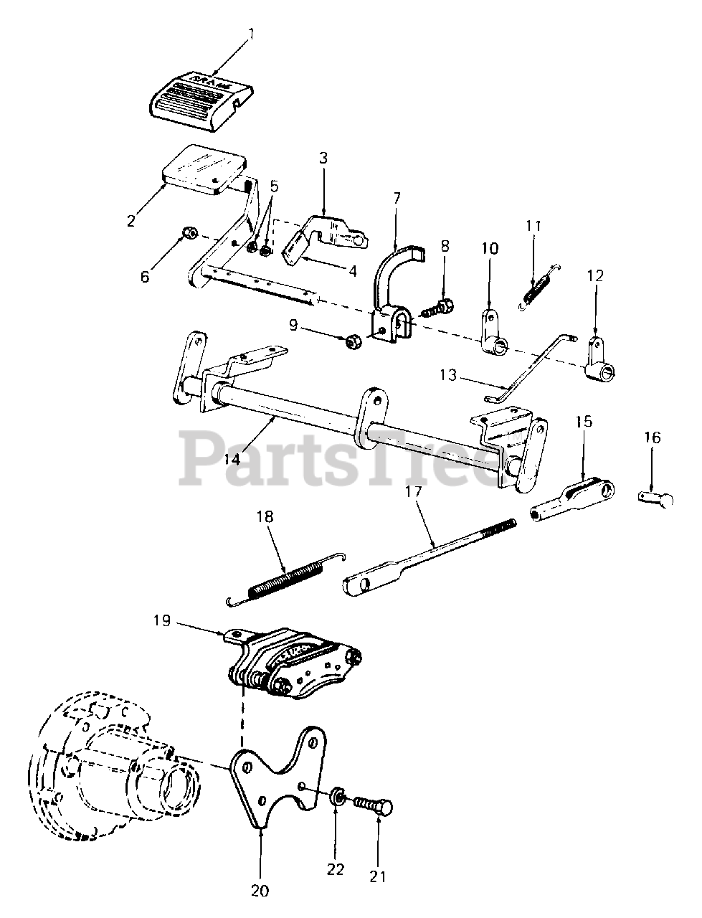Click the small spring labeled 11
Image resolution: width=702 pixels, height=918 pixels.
click(x=539, y=288)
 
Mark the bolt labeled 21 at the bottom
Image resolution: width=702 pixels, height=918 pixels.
click(x=374, y=808)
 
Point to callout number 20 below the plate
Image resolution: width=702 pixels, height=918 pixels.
click(x=260, y=890)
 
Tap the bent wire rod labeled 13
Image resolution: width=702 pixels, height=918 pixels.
click(x=531, y=366)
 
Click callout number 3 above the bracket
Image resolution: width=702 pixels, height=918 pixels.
click(x=323, y=158)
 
